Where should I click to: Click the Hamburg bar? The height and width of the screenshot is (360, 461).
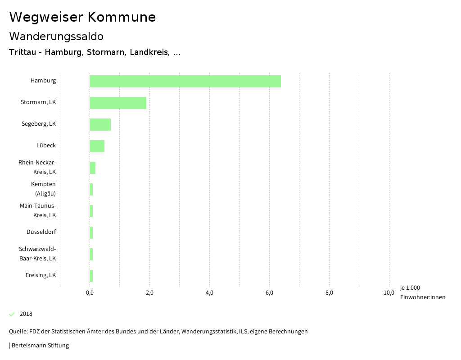(185, 81)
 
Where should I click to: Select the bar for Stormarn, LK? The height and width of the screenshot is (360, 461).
(118, 103)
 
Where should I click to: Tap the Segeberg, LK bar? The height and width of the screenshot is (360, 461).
(100, 124)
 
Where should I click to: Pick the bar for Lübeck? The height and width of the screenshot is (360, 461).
(97, 146)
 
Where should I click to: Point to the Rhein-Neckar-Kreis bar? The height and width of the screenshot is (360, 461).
(92, 168)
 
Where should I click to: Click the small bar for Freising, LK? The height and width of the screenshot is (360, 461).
(91, 276)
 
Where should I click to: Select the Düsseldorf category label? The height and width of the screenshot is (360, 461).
(41, 232)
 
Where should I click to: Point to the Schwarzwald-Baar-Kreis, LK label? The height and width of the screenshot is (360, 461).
(37, 254)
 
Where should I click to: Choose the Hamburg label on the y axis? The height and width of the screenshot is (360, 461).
(43, 81)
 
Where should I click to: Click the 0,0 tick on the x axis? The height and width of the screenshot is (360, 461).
(90, 293)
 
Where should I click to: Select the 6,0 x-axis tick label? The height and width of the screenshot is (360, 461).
(269, 293)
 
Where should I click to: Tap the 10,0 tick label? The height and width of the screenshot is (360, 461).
(389, 293)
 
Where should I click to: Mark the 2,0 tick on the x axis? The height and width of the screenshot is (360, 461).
(149, 293)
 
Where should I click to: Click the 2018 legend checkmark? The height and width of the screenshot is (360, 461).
(12, 314)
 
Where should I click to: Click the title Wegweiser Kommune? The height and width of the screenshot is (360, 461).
(82, 17)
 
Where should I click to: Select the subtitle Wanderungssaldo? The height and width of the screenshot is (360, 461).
(56, 36)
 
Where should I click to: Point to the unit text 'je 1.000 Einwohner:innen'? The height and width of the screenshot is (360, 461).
(422, 292)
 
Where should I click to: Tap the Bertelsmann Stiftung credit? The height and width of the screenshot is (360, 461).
(39, 346)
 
